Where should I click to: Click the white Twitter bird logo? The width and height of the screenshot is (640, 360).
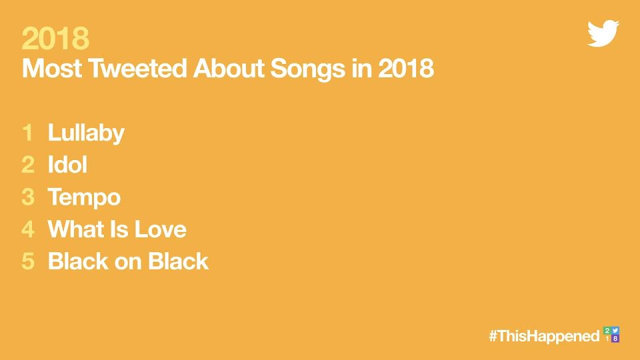pos(603,33)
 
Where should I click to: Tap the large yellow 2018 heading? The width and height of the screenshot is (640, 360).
pos(55,39)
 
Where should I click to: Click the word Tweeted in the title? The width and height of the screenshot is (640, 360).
pos(137,68)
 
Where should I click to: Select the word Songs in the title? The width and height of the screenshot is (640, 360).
pos(307,69)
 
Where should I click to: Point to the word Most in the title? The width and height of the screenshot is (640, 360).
pos(52,68)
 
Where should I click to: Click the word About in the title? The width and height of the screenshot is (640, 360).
pos(229,68)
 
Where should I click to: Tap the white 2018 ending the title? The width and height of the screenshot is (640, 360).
pos(406,68)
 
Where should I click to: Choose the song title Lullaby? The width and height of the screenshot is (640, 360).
pos(86,133)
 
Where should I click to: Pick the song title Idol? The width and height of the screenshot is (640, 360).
pos(67,165)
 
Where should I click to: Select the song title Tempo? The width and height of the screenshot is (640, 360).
pos(84,197)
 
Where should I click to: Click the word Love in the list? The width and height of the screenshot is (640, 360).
pos(161,229)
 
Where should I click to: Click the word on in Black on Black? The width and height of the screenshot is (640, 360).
pos(128,262)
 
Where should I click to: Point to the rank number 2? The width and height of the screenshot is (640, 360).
pos(28,165)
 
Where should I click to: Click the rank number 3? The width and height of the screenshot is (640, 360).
pos(28,197)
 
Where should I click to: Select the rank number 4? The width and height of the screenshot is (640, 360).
pos(28,229)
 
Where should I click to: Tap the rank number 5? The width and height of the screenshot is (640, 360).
pos(28,261)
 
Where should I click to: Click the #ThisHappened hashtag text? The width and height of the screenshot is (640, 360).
pos(544,336)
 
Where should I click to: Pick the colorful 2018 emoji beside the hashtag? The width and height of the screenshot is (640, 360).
pos(611,335)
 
